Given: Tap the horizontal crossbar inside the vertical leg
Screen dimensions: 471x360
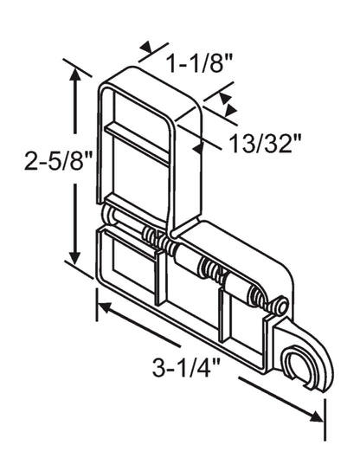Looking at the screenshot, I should point(138,144).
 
